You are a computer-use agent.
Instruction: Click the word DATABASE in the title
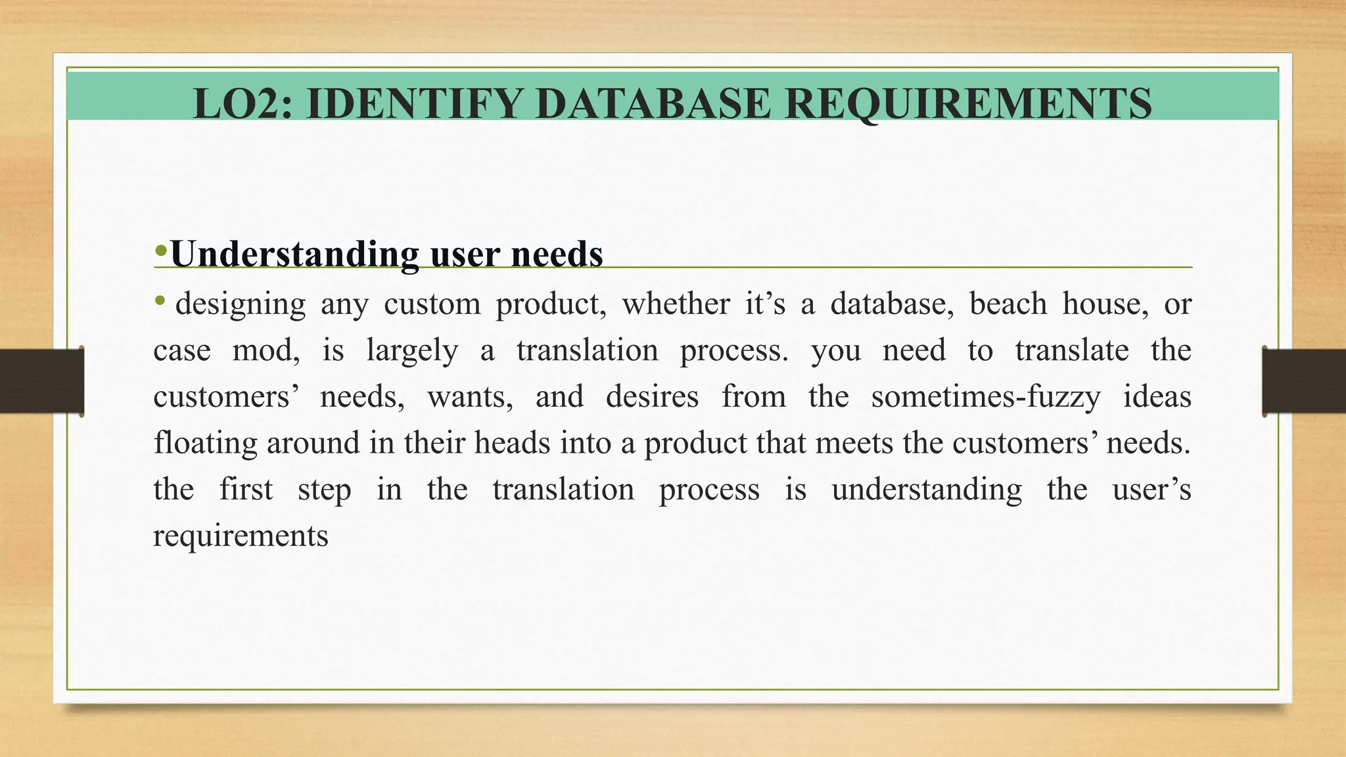652,104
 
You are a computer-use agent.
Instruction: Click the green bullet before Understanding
160,250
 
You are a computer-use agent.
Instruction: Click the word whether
676,304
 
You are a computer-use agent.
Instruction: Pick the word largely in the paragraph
411,351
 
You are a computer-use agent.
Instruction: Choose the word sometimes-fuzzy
985,397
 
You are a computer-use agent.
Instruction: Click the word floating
205,444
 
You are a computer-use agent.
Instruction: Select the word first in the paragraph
245,490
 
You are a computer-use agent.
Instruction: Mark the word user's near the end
1151,490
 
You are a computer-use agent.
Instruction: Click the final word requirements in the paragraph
241,536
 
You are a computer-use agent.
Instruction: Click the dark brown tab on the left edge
41,381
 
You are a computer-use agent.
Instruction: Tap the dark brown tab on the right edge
1304,381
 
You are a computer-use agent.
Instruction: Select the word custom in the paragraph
432,304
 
